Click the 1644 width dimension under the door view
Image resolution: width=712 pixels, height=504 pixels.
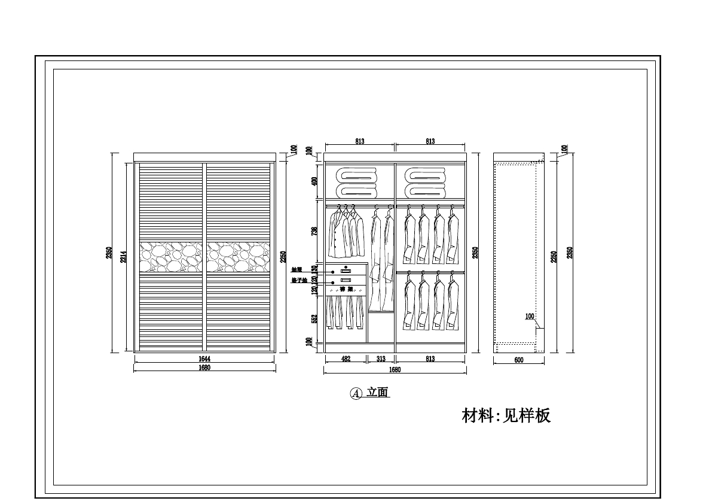pos(204,359)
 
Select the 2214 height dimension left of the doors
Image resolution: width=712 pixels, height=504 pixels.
pos(123,257)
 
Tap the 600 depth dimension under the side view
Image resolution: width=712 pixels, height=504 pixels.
pos(518,360)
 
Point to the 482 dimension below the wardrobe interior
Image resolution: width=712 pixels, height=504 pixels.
pos(346,359)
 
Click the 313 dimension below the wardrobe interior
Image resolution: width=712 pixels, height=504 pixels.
pos(381,359)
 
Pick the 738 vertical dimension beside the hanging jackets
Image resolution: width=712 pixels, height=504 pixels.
pos(314,232)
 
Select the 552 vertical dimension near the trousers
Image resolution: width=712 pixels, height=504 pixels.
pos(314,319)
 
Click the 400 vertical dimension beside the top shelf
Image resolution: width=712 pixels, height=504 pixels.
pos(314,181)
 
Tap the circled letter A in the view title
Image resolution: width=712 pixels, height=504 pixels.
pos(356,393)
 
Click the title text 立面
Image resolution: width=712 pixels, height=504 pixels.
pos(378,393)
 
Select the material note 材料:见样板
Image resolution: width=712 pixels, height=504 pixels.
pos(506,415)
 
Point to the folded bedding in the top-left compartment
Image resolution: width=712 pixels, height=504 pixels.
pos(357,183)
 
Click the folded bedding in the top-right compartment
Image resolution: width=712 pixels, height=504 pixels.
pos(425,183)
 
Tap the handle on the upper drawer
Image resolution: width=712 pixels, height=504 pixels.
pos(346,271)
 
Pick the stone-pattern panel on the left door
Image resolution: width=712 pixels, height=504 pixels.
pos(171,257)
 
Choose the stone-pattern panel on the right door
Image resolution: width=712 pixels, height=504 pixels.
pos(238,257)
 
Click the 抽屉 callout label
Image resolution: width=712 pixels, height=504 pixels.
pos(297,270)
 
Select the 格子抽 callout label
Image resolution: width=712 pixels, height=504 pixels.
pos(298,280)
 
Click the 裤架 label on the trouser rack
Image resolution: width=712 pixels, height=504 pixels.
pos(346,289)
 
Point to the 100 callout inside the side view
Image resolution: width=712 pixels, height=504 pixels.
pos(530,317)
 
